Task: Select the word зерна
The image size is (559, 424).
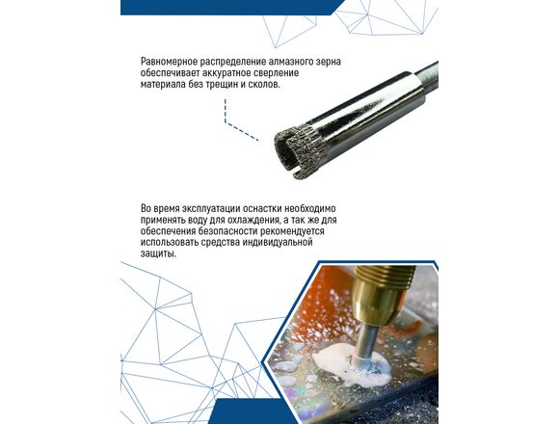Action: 329,62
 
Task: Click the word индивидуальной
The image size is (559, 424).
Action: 278,243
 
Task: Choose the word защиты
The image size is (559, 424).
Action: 158,254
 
